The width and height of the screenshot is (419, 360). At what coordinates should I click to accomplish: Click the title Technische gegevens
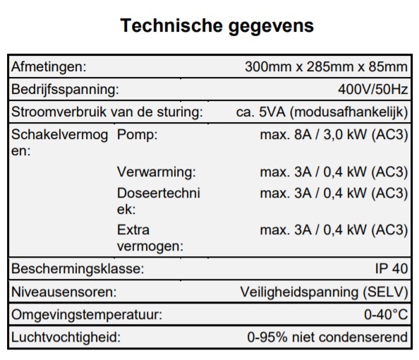[217, 26]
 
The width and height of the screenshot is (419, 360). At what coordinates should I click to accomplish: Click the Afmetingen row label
[49, 67]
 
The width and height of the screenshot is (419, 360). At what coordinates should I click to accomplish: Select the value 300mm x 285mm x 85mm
[326, 67]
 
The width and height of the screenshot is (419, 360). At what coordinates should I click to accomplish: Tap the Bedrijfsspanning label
[64, 90]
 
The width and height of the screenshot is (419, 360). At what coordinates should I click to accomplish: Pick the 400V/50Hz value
[372, 90]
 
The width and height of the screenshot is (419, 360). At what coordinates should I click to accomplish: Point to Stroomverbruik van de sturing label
[107, 112]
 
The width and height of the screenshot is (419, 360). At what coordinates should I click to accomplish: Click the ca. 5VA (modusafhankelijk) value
[321, 112]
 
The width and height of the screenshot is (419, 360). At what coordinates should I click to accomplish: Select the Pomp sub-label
[137, 135]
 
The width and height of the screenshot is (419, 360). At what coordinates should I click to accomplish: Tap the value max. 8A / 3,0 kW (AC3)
[334, 135]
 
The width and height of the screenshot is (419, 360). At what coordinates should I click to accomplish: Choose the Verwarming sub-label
[156, 172]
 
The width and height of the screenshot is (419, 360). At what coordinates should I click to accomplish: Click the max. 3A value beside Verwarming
[334, 172]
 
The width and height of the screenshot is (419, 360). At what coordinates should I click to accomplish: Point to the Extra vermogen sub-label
[150, 238]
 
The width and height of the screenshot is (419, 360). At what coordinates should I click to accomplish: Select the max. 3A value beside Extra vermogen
[334, 230]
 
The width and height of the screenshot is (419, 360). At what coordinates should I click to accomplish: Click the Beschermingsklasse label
[78, 269]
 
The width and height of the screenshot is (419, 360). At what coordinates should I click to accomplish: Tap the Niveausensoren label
[63, 292]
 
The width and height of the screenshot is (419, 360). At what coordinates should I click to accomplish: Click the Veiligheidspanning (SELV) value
[324, 292]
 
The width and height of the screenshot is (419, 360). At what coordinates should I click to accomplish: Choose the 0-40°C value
[385, 314]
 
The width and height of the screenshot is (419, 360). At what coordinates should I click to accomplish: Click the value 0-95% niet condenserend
[327, 337]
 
